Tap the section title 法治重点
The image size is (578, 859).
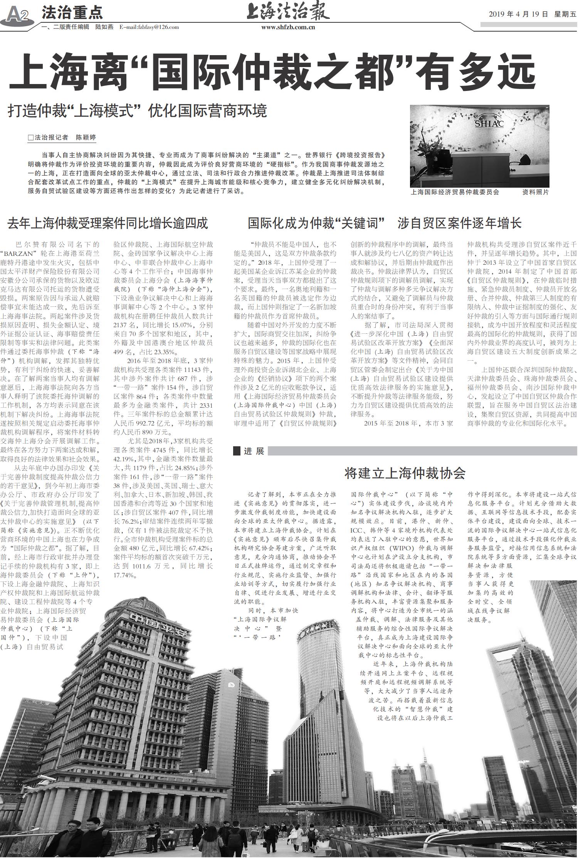click(72, 13)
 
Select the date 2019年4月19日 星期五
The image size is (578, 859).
click(533, 14)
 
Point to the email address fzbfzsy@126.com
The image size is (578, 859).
click(149, 27)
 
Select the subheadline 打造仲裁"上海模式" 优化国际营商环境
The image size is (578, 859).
click(138, 111)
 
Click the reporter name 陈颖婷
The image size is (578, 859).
click(86, 137)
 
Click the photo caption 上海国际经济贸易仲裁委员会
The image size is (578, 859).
click(455, 192)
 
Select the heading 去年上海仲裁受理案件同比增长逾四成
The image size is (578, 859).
click(108, 223)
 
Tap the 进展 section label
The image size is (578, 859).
click(254, 451)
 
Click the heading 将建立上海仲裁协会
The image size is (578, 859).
click(405, 473)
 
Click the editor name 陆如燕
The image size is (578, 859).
click(104, 27)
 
